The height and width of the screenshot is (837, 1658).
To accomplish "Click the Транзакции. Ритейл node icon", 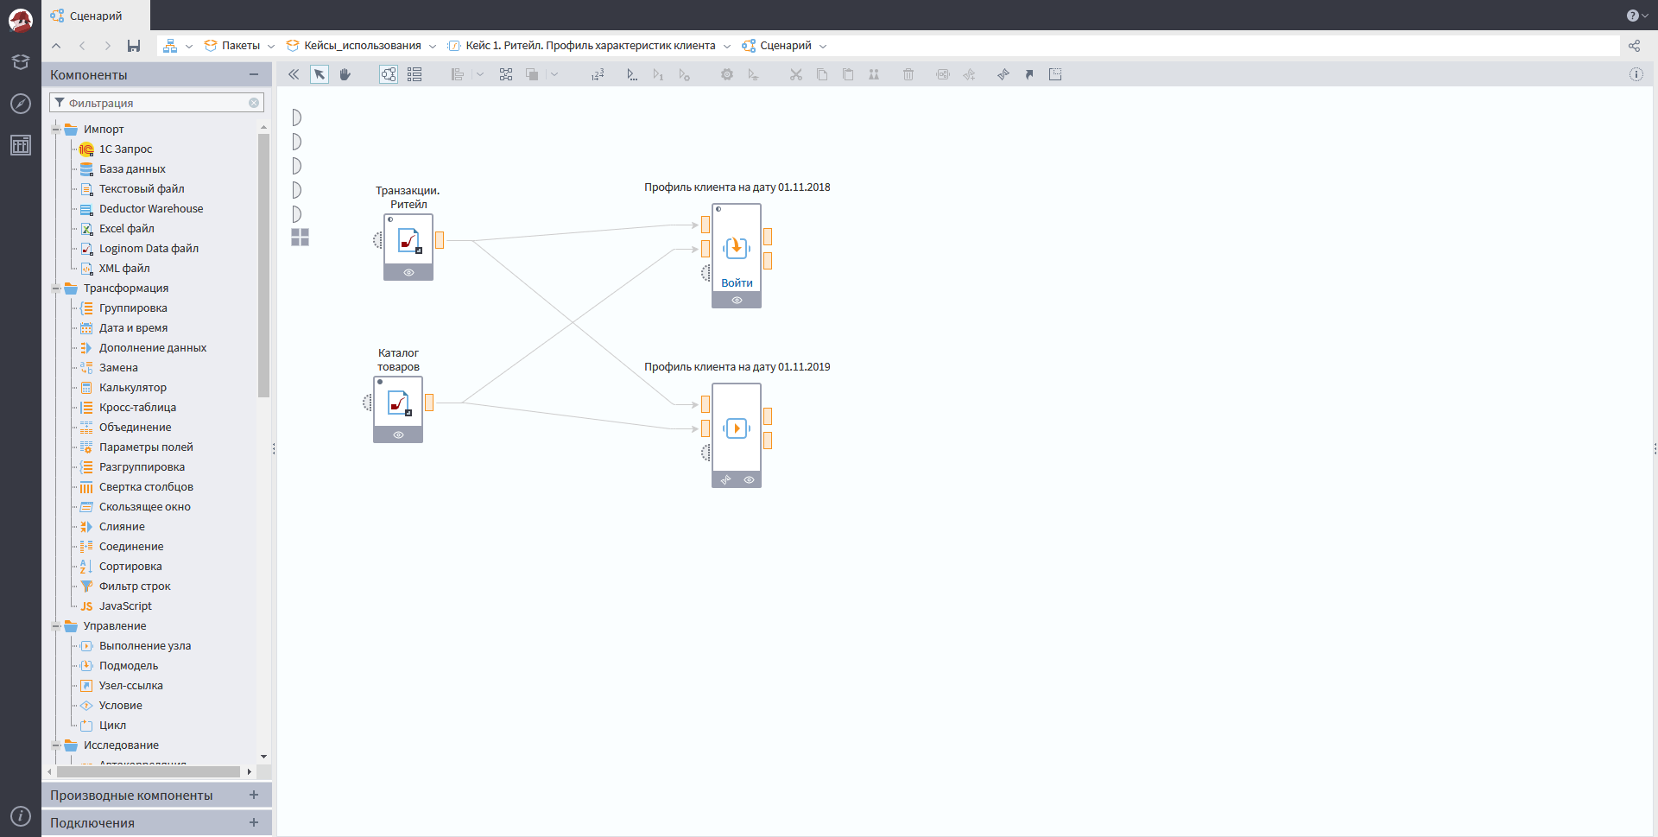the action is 408,240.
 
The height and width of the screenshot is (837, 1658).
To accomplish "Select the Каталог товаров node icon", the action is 398,403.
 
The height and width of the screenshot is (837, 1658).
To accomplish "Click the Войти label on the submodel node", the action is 737,283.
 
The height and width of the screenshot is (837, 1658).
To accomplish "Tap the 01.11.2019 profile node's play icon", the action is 737,428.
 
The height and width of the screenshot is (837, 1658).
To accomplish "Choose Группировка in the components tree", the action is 133,308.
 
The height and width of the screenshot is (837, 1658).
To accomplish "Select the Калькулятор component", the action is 133,388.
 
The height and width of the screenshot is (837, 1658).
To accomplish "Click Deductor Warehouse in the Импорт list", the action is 151,209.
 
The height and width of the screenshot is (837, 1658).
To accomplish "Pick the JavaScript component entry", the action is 125,606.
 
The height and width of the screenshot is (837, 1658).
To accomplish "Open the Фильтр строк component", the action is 135,587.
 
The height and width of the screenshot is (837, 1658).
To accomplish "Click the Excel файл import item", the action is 127,229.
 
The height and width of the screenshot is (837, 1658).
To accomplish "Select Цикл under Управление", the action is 112,726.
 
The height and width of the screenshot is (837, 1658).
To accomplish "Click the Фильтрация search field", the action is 155,103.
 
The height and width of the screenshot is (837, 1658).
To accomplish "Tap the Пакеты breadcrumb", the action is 240,46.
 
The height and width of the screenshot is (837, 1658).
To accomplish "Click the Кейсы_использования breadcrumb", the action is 362,46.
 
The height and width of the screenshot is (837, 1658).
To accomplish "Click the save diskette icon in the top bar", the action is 134,46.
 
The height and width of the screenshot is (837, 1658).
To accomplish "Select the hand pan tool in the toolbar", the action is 345,74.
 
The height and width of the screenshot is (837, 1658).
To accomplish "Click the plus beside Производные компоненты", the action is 254,795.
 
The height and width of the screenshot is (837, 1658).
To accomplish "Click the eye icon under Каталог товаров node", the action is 398,435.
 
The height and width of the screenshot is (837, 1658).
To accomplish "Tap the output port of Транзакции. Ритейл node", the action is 440,240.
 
